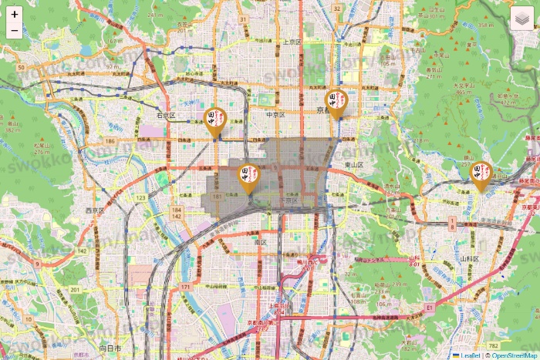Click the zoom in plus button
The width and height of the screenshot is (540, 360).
(x=15, y=14)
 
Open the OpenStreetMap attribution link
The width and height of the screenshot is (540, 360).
(x=511, y=355)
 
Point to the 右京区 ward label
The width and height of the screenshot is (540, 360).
(x=167, y=115)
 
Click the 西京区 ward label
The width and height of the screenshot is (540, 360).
(x=95, y=210)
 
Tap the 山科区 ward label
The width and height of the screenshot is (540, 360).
(x=471, y=258)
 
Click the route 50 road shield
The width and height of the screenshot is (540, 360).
(x=22, y=68)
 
